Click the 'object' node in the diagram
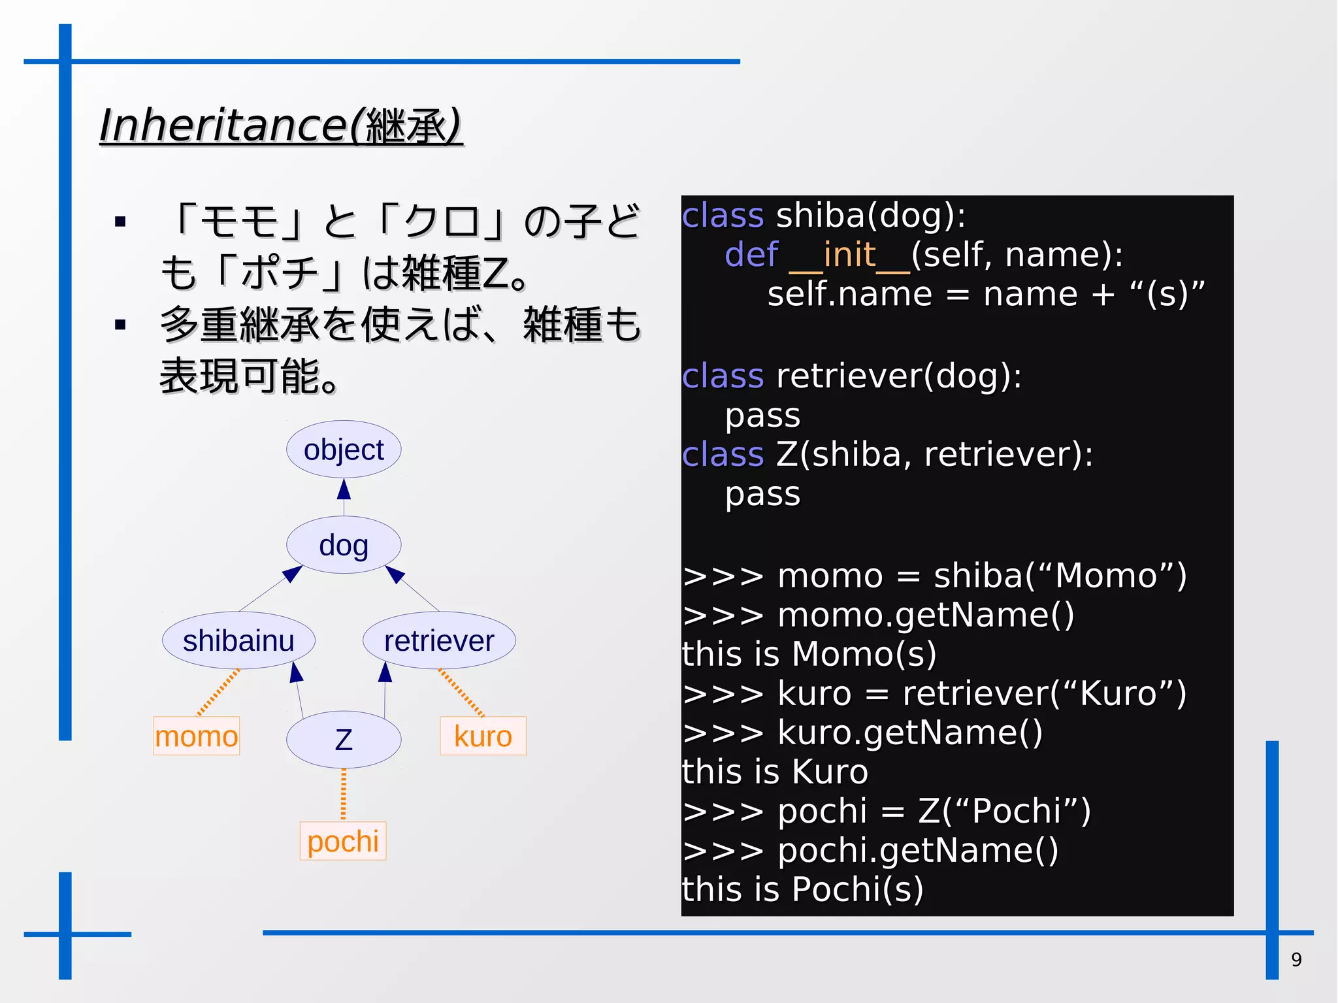[x=344, y=450]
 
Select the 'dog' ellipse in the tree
[x=344, y=545]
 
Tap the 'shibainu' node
[x=238, y=640]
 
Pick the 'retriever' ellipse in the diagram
[x=439, y=640]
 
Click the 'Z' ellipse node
[x=344, y=740]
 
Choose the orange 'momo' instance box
[x=197, y=736]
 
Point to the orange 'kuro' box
[x=483, y=736]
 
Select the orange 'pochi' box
[x=343, y=841]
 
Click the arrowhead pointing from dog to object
[x=344, y=489]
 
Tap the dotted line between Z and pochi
[x=344, y=794]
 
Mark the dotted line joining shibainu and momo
[x=218, y=693]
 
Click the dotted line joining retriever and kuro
[x=461, y=693]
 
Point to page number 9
[x=1296, y=959]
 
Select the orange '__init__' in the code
[x=849, y=254]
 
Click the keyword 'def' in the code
[x=751, y=254]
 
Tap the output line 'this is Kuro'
[x=775, y=772]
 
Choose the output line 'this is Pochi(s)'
[x=802, y=889]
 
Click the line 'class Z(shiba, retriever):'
[x=887, y=454]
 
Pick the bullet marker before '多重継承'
[x=120, y=325]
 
